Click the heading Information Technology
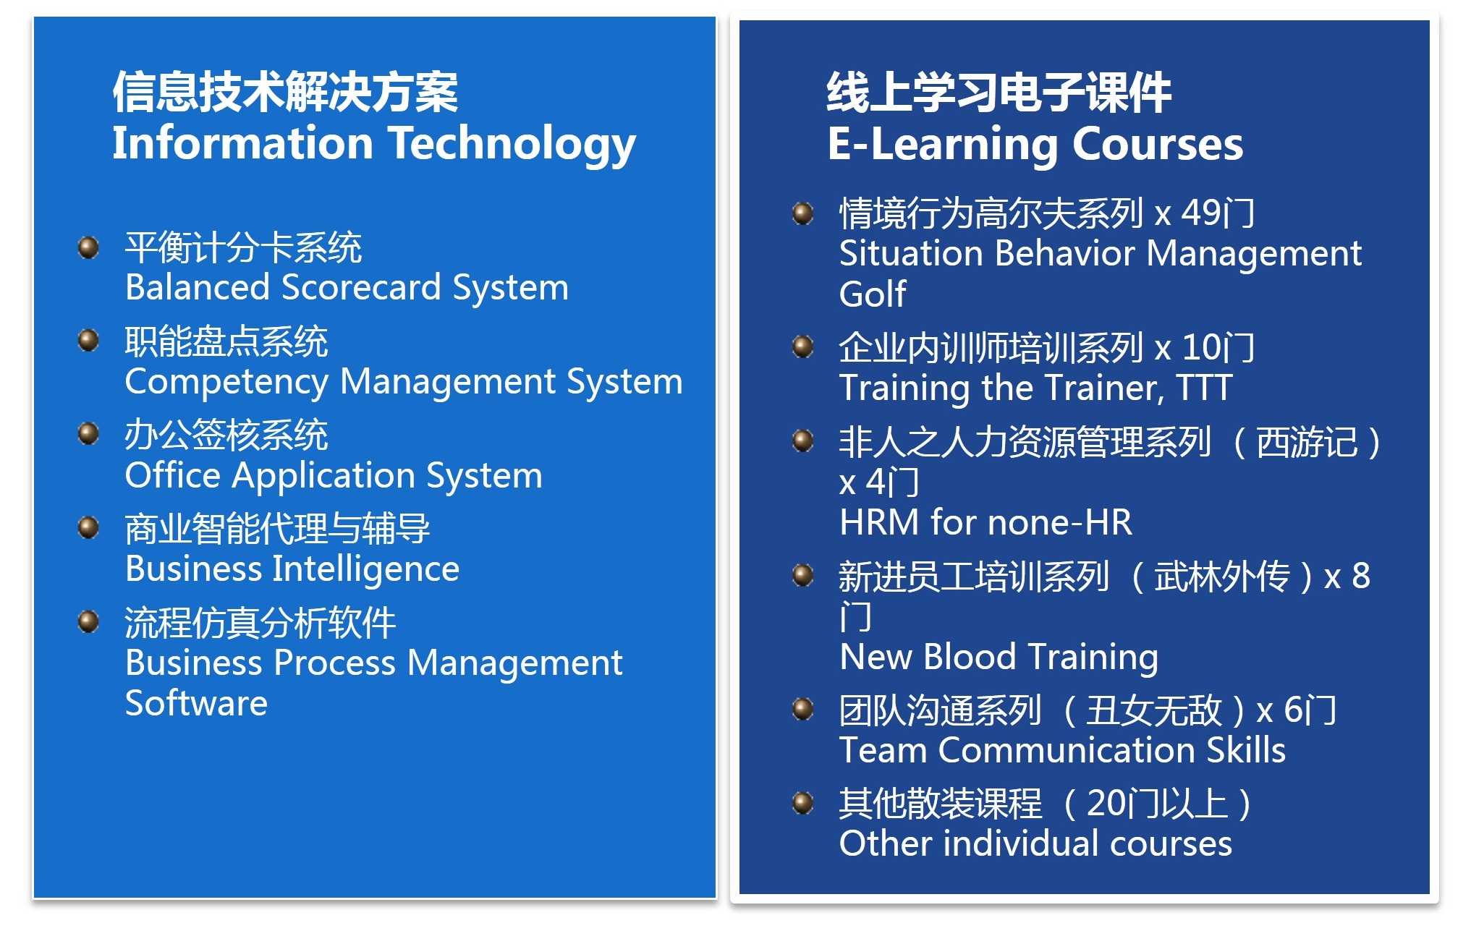pos(374,144)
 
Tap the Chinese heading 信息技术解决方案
pos(285,92)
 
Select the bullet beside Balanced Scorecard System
pos(88,247)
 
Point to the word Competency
pos(226,382)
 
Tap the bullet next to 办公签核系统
pos(88,434)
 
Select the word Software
pos(196,703)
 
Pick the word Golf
pos(873,294)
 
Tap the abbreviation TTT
pos(1204,388)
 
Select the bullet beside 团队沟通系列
pos(803,709)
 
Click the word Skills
pos(1246,750)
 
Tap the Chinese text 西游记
pos(1307,442)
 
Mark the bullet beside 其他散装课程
pos(803,803)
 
